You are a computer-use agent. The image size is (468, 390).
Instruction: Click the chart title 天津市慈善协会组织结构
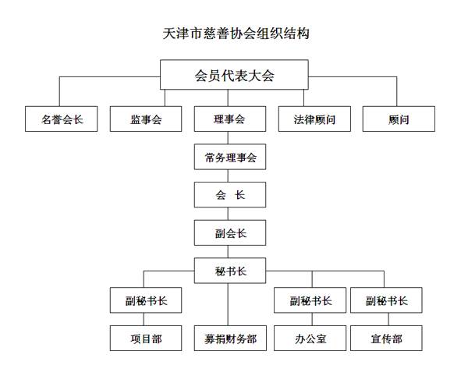[236, 34]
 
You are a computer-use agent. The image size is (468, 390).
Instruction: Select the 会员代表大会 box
[234, 75]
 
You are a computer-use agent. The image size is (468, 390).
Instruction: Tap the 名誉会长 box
[61, 119]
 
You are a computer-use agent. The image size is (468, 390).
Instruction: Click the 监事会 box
[146, 119]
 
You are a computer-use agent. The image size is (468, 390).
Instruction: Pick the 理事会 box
[230, 119]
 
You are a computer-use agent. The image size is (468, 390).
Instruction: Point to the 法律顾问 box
[314, 119]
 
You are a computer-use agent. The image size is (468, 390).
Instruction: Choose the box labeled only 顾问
[399, 119]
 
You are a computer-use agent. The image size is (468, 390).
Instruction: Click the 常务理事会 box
[230, 157]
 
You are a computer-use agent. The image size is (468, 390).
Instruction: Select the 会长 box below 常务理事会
[230, 195]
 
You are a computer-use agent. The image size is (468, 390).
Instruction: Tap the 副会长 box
[230, 232]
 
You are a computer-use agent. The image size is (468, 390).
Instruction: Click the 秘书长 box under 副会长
[230, 271]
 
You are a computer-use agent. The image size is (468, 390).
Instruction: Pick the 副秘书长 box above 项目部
[146, 300]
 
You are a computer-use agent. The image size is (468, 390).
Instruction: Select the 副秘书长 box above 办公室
[310, 300]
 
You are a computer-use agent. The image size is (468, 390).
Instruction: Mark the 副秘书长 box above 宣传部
[386, 300]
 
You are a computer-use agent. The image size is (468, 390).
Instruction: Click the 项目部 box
[146, 338]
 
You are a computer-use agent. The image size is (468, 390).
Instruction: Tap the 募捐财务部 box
[230, 338]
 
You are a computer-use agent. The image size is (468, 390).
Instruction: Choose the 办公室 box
[310, 338]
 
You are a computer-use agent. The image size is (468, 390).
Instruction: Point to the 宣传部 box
[386, 338]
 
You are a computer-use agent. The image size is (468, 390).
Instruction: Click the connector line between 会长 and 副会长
[228, 214]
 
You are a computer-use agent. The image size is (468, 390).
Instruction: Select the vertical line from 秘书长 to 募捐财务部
[228, 304]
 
